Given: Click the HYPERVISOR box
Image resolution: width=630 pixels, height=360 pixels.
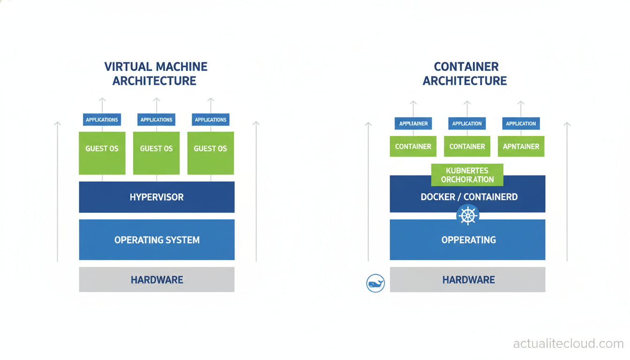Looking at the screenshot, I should (x=157, y=197).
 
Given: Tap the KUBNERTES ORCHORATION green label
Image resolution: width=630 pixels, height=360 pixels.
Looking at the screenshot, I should (x=467, y=174).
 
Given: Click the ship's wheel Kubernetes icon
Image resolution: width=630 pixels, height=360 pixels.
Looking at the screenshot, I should (x=468, y=216).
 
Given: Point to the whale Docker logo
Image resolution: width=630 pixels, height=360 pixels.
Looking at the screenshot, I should (x=375, y=284).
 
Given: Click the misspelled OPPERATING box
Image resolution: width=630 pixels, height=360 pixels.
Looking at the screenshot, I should (x=468, y=240).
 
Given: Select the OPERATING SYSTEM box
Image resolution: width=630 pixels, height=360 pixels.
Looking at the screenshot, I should (x=157, y=240).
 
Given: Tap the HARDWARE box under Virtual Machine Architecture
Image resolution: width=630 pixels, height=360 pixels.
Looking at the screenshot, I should (x=157, y=280).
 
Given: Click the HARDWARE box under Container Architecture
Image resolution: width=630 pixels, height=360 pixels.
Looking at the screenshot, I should (x=468, y=280).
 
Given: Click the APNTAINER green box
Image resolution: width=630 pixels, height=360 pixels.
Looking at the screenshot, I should (x=521, y=147).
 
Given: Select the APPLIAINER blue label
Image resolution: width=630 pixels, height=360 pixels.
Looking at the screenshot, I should (x=413, y=124).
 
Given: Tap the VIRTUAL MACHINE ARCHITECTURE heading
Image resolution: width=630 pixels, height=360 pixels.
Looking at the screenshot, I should (x=155, y=74).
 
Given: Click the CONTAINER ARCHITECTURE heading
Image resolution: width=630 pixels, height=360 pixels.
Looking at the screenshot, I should (x=465, y=74).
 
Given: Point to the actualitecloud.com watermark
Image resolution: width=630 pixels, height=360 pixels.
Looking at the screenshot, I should (x=568, y=344).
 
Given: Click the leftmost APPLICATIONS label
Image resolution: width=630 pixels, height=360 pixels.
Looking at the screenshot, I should (x=102, y=120).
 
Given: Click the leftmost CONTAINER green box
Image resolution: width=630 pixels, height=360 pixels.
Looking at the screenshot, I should (x=413, y=147).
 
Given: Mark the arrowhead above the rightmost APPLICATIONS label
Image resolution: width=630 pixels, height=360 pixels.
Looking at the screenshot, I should (x=210, y=100).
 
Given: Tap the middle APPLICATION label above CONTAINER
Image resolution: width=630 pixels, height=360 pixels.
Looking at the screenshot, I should (x=467, y=124).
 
